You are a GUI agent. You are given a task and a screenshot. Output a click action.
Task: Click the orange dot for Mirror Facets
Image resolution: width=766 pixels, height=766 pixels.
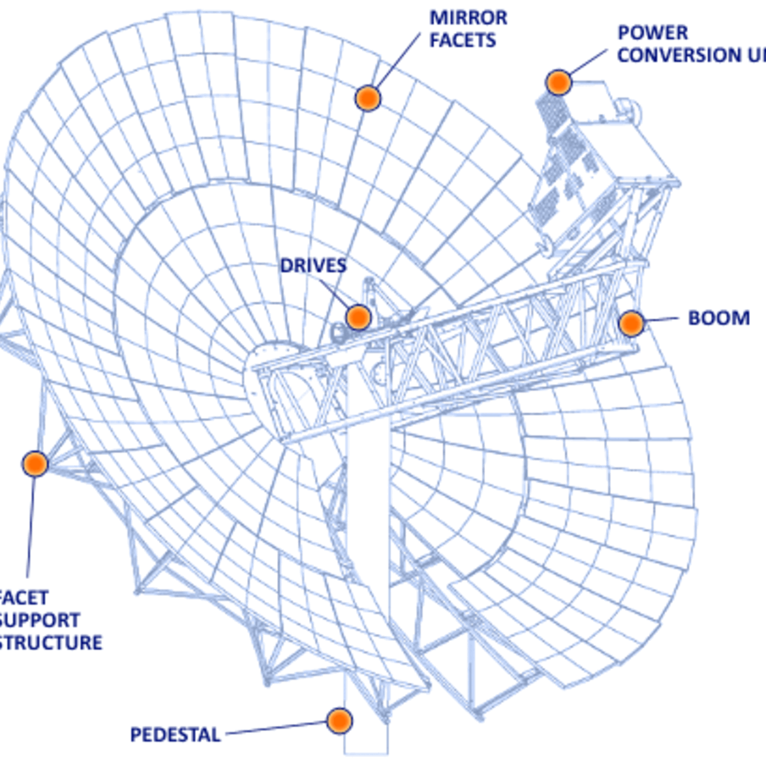click(368, 98)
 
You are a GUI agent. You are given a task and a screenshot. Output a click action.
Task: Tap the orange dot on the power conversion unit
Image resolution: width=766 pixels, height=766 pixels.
click(559, 82)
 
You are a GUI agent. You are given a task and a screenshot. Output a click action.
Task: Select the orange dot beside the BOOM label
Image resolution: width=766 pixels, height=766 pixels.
click(631, 324)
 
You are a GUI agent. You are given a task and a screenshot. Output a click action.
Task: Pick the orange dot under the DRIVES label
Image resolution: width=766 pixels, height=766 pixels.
click(359, 317)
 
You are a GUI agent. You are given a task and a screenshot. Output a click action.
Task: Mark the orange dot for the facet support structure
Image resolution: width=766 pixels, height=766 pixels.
click(35, 463)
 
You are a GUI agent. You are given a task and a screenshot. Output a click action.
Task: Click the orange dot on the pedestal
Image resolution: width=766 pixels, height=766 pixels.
click(340, 721)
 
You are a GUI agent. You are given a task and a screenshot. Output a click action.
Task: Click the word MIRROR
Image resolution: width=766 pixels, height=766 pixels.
click(469, 18)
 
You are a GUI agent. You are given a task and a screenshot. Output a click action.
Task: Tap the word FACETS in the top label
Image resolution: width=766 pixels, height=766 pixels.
click(463, 40)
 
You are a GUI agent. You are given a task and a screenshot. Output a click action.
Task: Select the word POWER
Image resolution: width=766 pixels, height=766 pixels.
click(653, 33)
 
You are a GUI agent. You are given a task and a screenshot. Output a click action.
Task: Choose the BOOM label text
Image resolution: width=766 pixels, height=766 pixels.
click(719, 318)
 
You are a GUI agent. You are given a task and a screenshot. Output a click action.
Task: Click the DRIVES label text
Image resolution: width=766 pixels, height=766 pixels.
click(313, 266)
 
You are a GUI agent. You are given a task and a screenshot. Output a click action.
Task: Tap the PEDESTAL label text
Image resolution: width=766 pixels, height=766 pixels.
click(176, 735)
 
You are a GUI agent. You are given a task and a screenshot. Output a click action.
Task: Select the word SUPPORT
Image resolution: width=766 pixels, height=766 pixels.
click(39, 620)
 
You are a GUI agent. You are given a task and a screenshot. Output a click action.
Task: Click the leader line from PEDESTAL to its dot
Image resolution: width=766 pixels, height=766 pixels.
click(276, 728)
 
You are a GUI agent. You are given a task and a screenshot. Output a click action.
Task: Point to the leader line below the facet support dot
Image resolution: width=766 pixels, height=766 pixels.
click(31, 526)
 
